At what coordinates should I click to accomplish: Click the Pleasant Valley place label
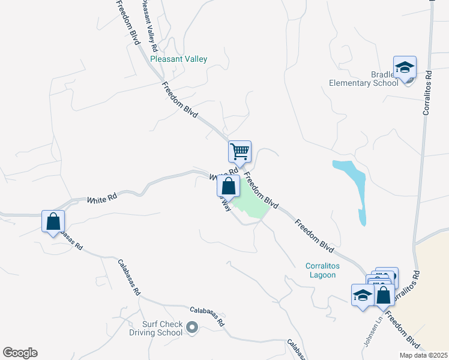point(179,59)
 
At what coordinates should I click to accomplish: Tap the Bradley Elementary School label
point(364,79)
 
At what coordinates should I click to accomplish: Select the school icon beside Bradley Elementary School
point(405,68)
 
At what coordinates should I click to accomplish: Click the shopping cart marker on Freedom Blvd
point(240,151)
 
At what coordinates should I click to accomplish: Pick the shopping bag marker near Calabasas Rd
point(53,221)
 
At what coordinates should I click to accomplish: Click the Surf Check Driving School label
point(155,328)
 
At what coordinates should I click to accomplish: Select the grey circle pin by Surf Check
point(192,328)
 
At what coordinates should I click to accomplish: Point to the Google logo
point(20,353)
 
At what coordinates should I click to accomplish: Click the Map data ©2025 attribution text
point(423,355)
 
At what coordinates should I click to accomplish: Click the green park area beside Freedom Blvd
point(252,204)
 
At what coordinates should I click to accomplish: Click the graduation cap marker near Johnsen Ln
point(362,295)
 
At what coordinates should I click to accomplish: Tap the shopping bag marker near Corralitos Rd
point(384,295)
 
